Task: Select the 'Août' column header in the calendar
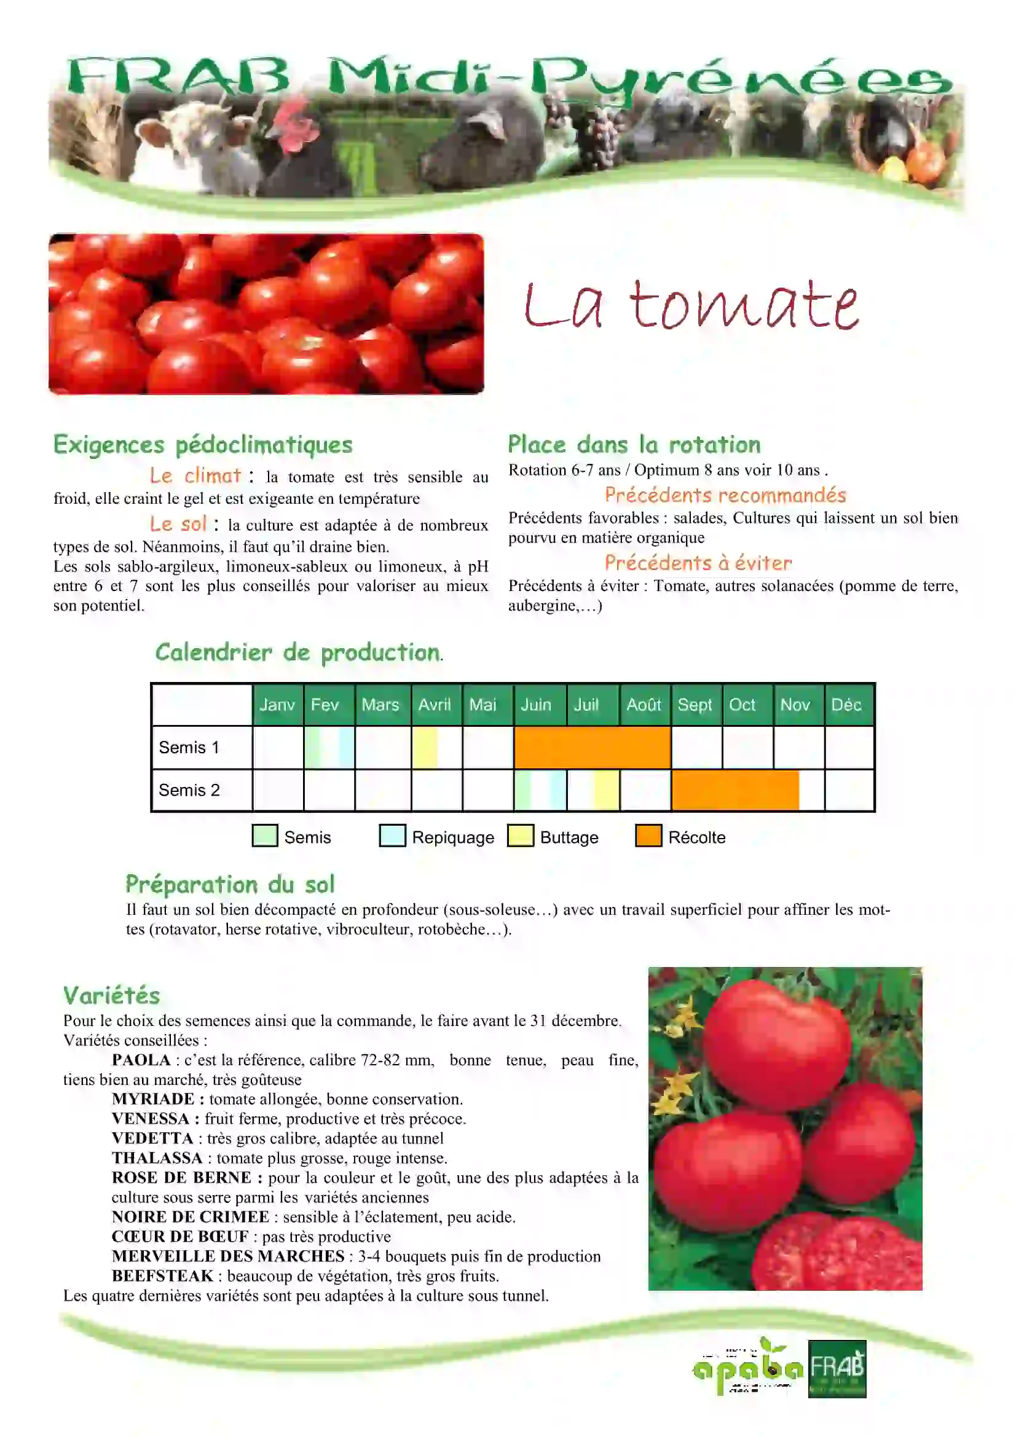644,705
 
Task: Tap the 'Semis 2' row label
189,790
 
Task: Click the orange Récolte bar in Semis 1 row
591,747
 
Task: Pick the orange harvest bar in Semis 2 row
735,790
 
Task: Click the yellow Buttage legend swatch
520,836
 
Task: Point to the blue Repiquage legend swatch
393,836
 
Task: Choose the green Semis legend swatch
265,836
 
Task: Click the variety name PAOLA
141,1060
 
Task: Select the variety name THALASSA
157,1158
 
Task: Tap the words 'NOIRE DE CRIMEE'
191,1216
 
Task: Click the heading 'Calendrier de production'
298,652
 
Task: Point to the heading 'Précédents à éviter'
698,563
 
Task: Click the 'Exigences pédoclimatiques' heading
203,444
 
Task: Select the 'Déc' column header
846,705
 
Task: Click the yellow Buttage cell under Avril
425,747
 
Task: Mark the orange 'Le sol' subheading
178,524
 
